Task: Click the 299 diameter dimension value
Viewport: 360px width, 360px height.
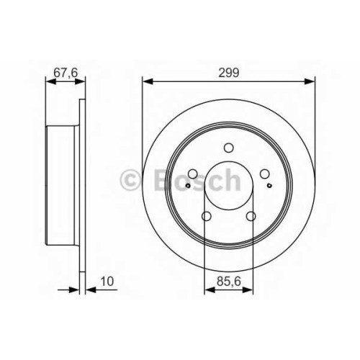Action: (x=228, y=72)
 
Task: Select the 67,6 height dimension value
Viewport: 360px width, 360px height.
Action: (x=66, y=73)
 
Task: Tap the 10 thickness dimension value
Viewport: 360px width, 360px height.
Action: (x=107, y=281)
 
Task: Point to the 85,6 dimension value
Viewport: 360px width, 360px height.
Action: (x=228, y=281)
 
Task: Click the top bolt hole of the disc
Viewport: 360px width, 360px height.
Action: (x=228, y=148)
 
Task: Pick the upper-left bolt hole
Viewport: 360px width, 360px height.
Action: (x=193, y=174)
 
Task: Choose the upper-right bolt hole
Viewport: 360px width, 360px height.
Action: (x=264, y=174)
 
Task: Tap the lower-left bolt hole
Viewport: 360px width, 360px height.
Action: (x=207, y=216)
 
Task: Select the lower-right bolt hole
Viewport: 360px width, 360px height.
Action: (x=251, y=216)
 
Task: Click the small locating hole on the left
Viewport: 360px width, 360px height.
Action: (x=188, y=185)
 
